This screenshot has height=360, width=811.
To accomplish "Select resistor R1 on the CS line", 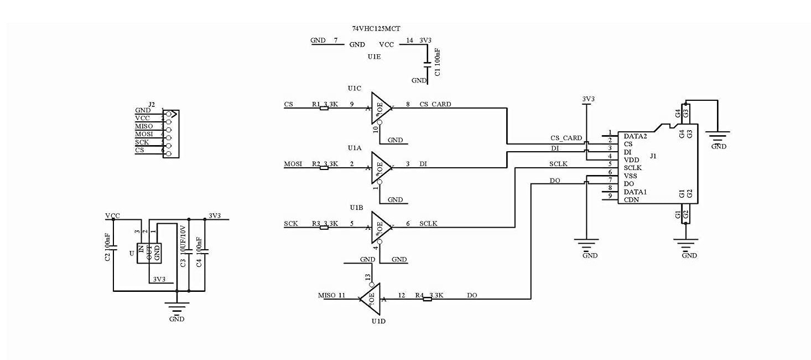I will (x=324, y=108).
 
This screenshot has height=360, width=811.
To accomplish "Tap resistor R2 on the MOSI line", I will (x=324, y=167).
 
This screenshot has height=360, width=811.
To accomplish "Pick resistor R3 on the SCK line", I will (x=324, y=227).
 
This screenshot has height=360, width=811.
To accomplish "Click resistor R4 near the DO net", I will (x=427, y=299).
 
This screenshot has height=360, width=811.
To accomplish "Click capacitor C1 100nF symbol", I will (x=427, y=64).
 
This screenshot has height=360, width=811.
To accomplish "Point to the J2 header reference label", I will (x=152, y=104).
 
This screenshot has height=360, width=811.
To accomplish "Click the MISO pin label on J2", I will (x=144, y=126).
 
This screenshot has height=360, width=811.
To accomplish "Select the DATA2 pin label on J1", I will (x=635, y=136).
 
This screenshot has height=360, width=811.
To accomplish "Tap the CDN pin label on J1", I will (x=631, y=199).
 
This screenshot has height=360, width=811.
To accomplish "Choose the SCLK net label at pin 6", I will (x=428, y=223).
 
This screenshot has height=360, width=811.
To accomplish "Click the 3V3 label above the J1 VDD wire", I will (x=588, y=99).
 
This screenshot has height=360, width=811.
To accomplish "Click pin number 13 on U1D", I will (x=367, y=276).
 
